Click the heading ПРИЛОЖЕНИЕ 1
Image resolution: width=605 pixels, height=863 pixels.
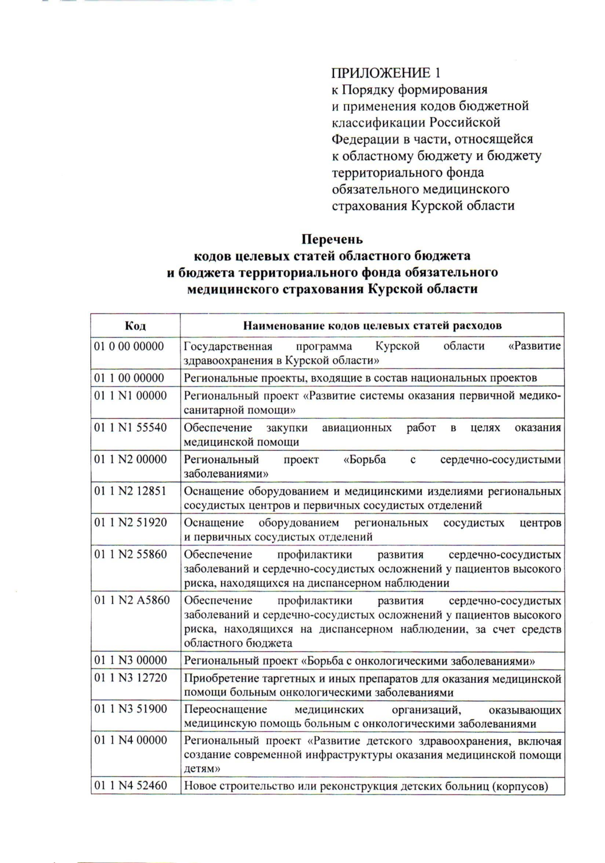386,73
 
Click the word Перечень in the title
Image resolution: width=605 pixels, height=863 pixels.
332,239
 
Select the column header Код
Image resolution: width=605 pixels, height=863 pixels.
135,325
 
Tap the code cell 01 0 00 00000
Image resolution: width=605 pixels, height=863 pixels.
129,347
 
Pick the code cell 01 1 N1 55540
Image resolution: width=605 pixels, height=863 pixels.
130,428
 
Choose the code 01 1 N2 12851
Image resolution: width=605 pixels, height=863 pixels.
130,491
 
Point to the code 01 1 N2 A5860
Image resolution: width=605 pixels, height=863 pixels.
132,601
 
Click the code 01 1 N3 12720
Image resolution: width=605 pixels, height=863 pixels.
130,678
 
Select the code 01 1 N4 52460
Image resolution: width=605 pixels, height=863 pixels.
131,785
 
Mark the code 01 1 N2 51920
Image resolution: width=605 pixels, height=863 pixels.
130,522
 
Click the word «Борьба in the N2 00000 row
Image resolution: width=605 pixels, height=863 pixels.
365,459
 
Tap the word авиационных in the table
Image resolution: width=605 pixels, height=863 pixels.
357,428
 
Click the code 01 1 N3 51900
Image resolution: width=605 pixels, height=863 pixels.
130,709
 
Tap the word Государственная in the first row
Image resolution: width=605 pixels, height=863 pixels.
228,347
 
